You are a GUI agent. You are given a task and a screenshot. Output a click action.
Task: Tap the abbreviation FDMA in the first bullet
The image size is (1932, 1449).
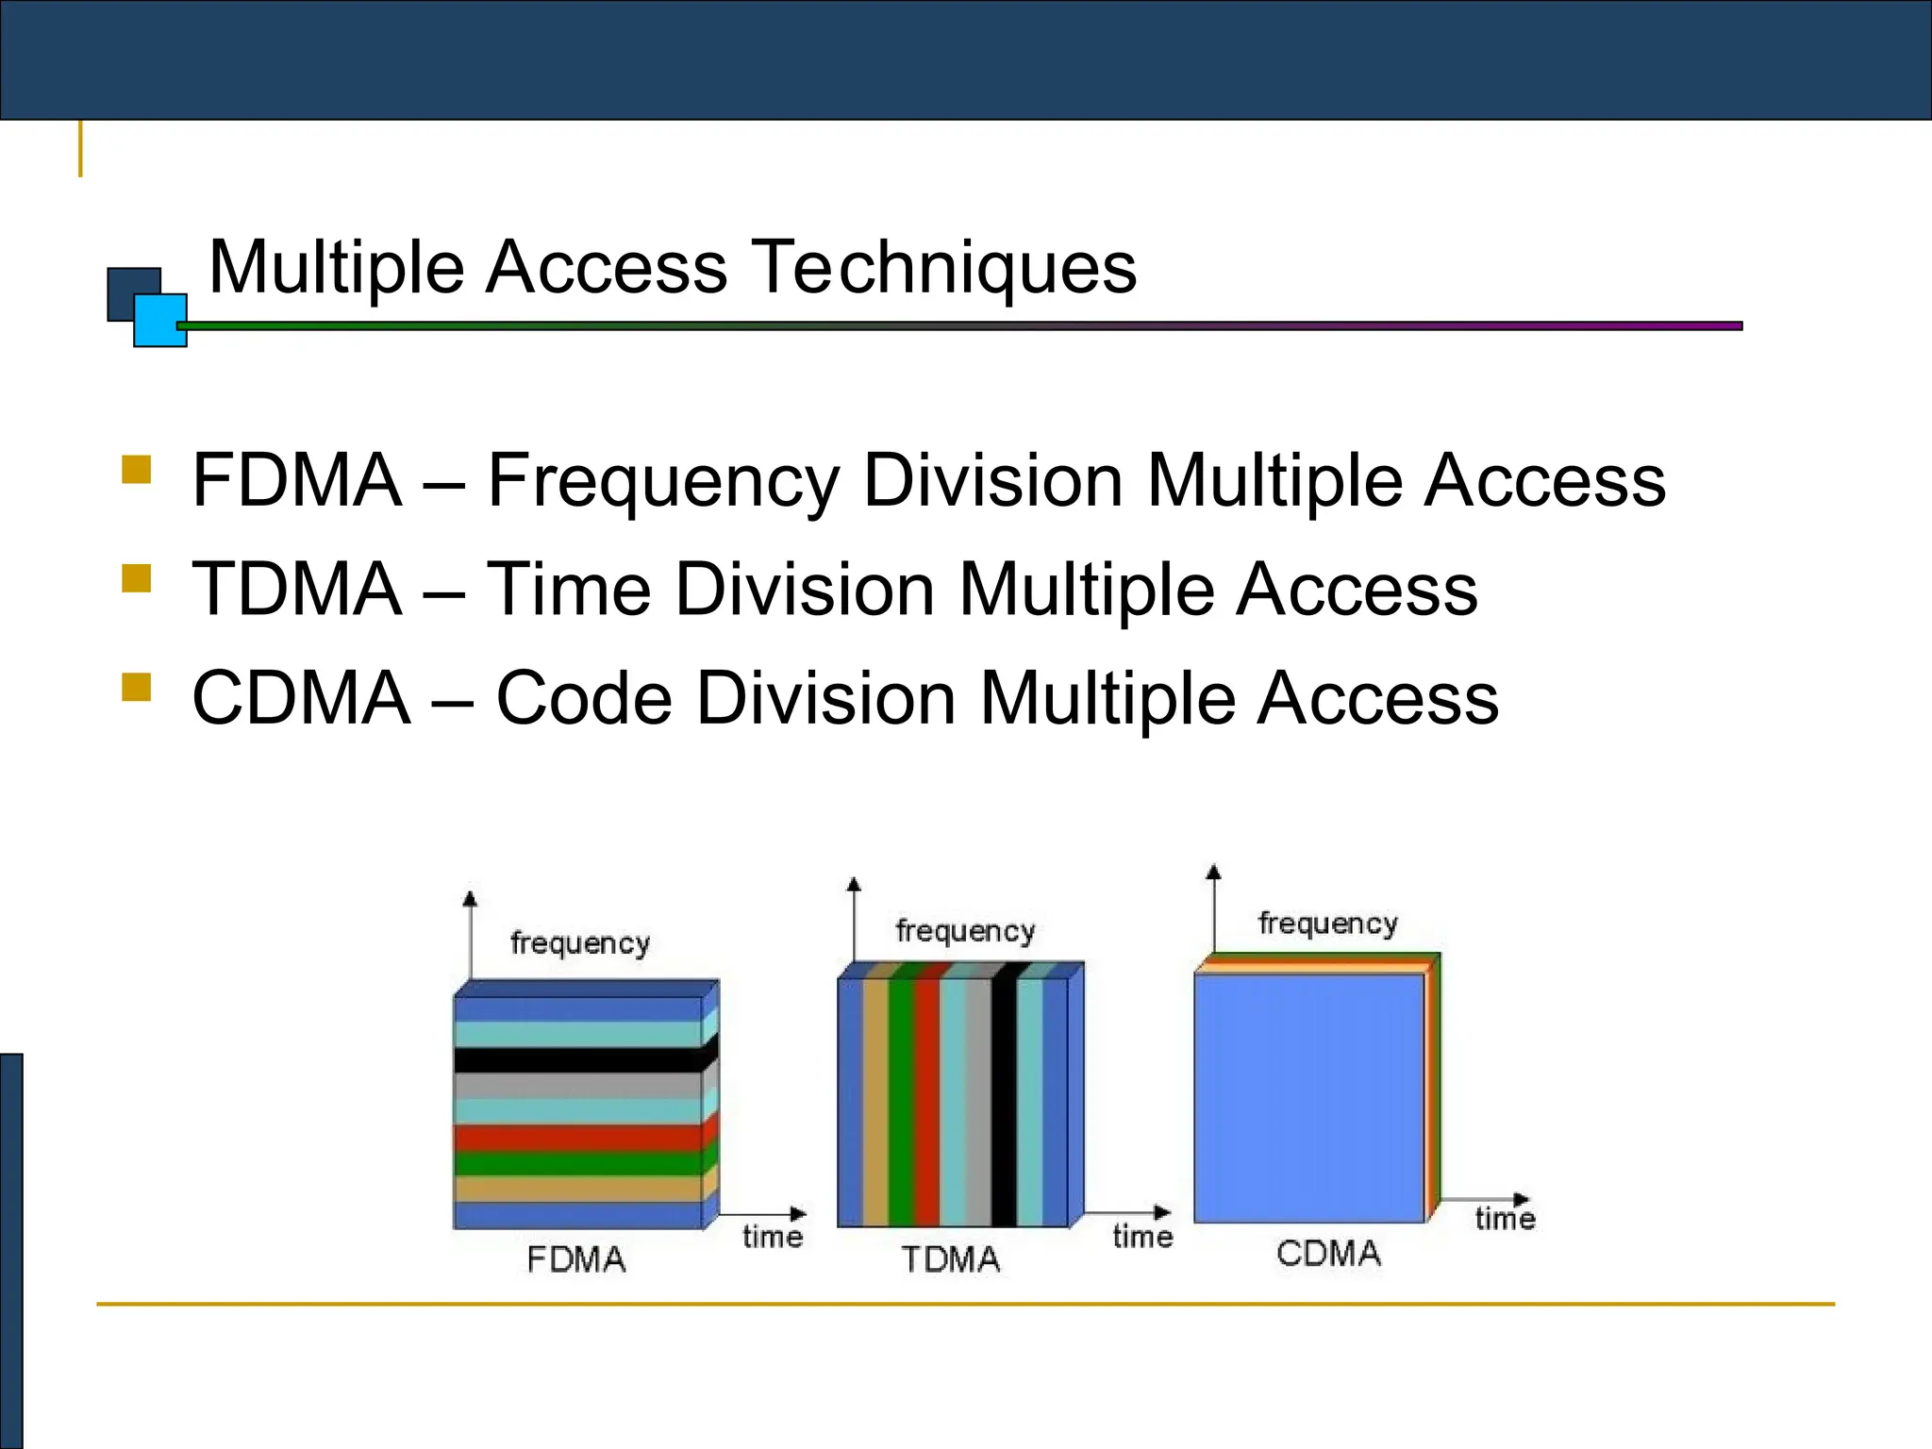point(297,480)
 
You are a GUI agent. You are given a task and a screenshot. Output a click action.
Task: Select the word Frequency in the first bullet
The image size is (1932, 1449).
point(662,482)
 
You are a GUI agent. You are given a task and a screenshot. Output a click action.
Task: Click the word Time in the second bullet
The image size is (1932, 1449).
point(568,589)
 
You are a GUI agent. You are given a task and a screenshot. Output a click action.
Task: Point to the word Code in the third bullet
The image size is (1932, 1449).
point(584,698)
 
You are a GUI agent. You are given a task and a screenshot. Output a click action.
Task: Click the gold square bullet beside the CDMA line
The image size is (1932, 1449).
point(137,687)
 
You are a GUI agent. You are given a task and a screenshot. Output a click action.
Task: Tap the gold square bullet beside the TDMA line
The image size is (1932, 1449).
point(137,578)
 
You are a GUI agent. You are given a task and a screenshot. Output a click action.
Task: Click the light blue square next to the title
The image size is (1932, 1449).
point(160,321)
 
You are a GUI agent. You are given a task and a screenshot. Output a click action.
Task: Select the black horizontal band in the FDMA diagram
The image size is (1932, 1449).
point(577,1059)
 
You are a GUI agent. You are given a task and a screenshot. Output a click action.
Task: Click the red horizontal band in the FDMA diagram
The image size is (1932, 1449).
point(577,1138)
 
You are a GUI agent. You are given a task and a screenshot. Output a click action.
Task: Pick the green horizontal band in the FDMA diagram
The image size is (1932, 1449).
point(577,1163)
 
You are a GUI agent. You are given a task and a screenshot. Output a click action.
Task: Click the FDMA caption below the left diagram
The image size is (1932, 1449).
point(576,1259)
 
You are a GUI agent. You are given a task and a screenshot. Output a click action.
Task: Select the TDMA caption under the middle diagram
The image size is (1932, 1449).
point(950,1259)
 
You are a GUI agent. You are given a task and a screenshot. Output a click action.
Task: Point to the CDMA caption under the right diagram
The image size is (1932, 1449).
point(1328,1254)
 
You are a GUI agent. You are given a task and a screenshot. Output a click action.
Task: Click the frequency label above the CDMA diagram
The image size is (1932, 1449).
point(1327,924)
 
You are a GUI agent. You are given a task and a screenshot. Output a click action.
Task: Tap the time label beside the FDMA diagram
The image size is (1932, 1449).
point(773,1237)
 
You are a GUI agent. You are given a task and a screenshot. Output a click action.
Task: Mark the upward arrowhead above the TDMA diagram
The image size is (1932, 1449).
point(854,885)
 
